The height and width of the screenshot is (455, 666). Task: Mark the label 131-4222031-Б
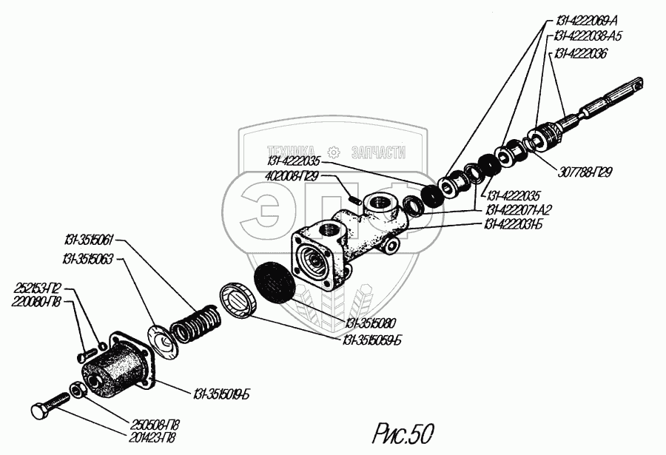point(517,223)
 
